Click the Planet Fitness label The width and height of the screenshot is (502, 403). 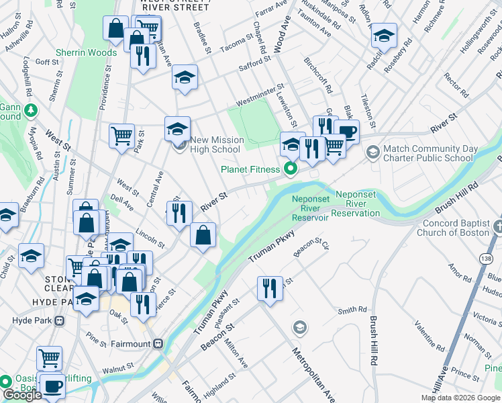click(x=248, y=169)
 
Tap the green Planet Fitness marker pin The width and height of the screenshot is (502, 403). click(x=291, y=168)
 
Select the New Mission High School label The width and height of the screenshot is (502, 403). click(x=215, y=144)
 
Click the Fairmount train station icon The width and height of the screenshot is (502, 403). click(x=158, y=343)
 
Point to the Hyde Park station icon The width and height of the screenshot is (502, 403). click(x=60, y=320)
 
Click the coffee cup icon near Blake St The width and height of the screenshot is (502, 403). click(x=346, y=132)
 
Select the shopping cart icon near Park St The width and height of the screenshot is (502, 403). click(x=121, y=135)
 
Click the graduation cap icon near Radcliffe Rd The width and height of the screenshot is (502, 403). click(x=385, y=35)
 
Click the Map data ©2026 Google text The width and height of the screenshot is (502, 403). click(x=460, y=398)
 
